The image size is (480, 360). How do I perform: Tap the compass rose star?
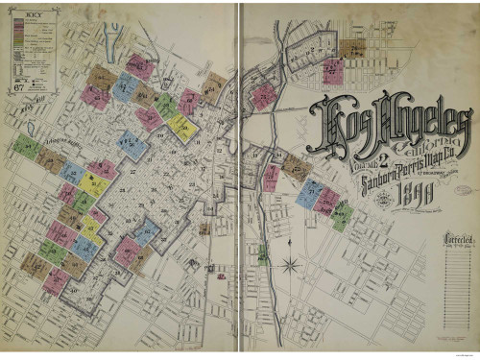tap(294, 262)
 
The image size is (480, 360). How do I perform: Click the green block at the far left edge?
tap(26, 147)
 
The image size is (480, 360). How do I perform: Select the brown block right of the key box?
tap(101, 77)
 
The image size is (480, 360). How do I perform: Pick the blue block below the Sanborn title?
tap(309, 193)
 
